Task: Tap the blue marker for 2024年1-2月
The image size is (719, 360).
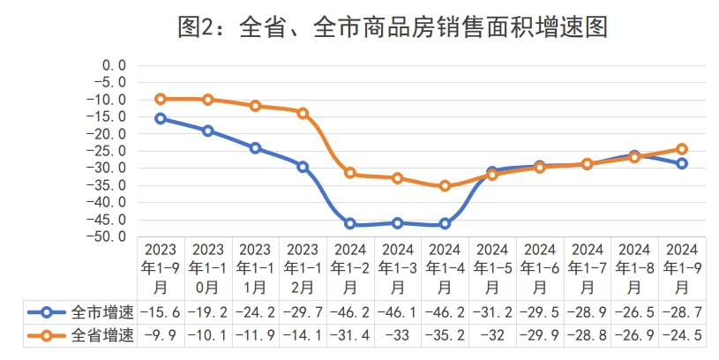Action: (x=350, y=224)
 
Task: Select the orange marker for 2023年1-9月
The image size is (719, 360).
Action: (x=160, y=99)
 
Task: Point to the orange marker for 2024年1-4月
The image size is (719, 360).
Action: (x=445, y=185)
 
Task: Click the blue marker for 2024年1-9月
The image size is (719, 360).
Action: (x=682, y=163)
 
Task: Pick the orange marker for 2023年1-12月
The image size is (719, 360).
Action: (x=303, y=113)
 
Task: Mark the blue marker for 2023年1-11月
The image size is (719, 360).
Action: (x=255, y=148)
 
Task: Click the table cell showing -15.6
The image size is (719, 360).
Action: (x=161, y=311)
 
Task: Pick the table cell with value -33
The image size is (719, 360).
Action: (x=398, y=335)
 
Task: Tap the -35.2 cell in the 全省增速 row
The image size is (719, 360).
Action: (x=446, y=335)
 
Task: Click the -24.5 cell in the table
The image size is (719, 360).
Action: (x=683, y=335)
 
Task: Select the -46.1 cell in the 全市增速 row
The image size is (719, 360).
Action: (x=398, y=311)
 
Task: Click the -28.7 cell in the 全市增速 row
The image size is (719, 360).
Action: (x=683, y=311)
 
